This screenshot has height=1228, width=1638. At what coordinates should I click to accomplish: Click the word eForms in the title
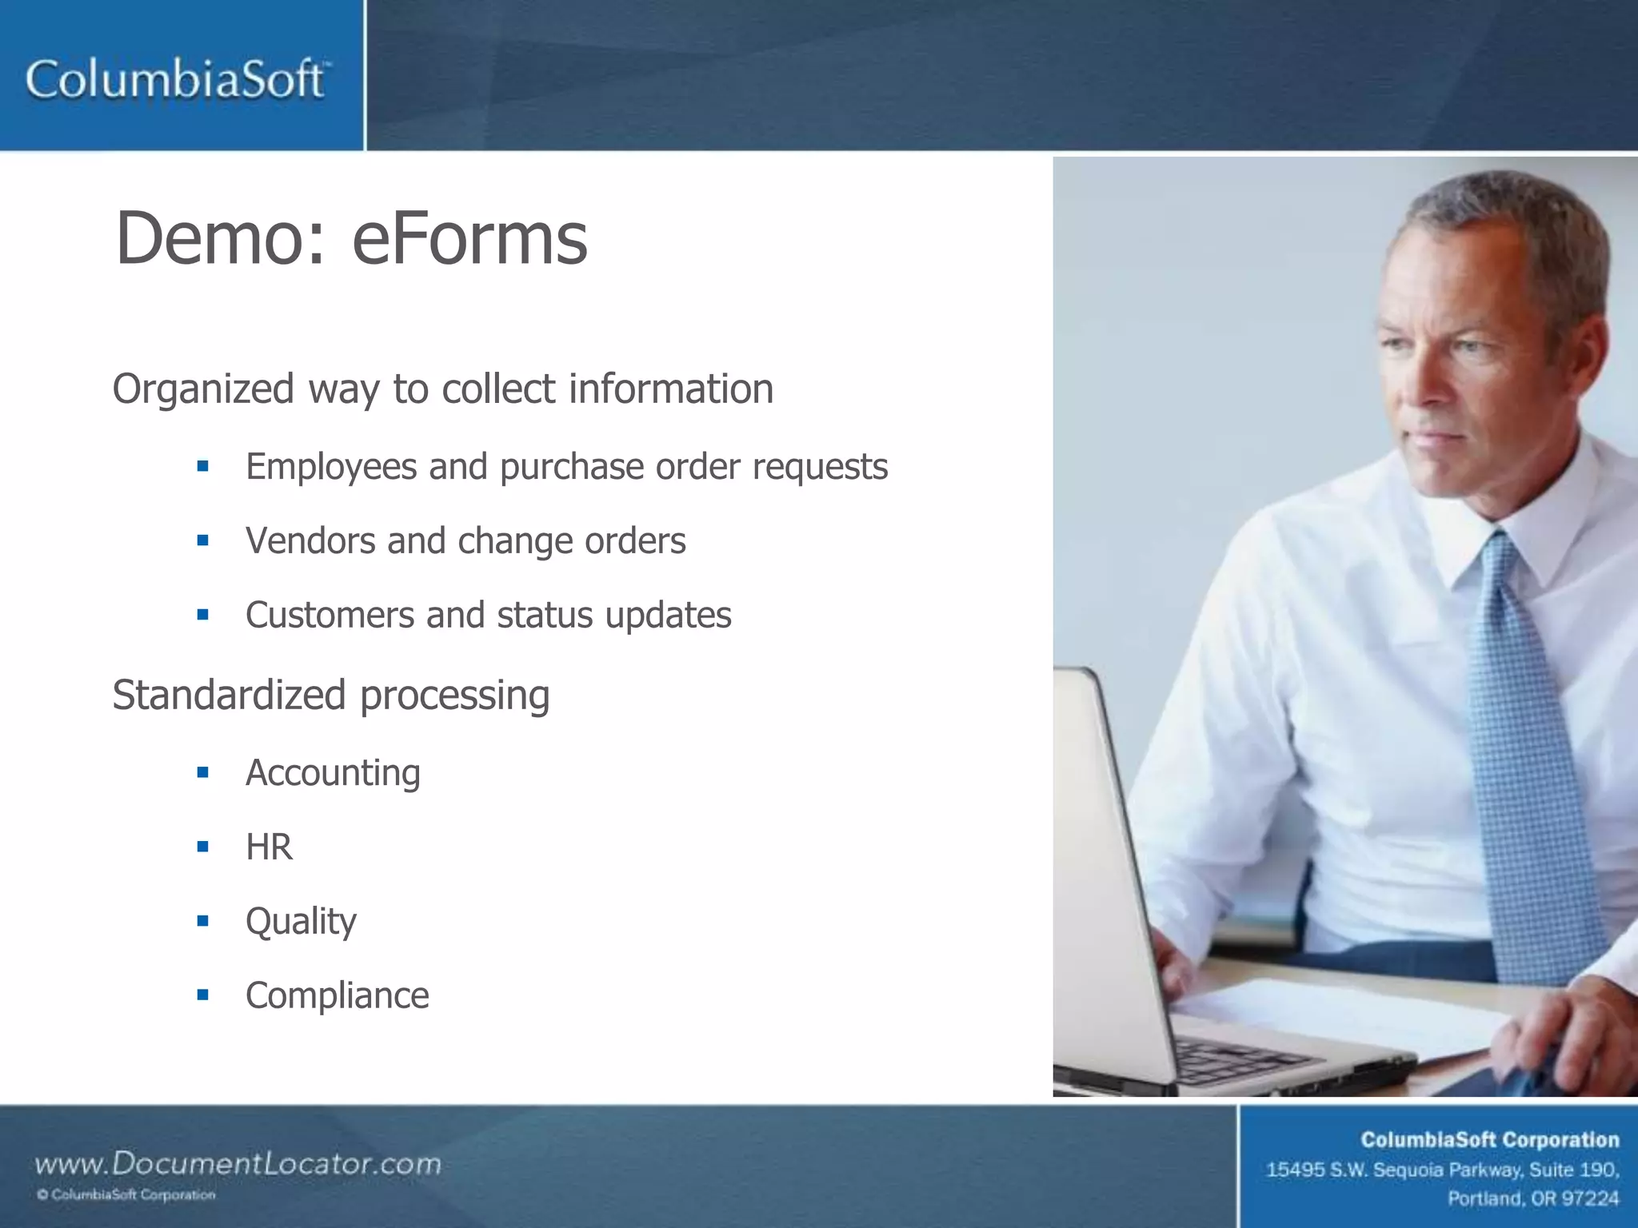[x=469, y=237]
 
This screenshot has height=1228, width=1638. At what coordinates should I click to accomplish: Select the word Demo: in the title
[x=221, y=237]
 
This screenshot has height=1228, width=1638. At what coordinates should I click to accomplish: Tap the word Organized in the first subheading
[x=204, y=389]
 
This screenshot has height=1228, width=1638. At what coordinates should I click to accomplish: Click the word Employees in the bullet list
[x=331, y=466]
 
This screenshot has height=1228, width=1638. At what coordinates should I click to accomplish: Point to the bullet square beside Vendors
[x=203, y=540]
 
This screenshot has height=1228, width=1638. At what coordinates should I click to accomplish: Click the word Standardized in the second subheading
[x=229, y=694]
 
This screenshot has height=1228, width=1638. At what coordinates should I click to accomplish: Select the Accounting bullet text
[x=333, y=772]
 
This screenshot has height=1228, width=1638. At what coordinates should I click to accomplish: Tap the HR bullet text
[x=269, y=847]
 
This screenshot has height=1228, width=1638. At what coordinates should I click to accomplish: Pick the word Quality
[x=301, y=922]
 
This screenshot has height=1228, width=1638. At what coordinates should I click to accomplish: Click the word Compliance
[x=337, y=995]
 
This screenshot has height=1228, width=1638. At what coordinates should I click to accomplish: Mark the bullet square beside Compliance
[x=203, y=995]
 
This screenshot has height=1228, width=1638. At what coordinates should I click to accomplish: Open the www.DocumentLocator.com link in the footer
[x=238, y=1163]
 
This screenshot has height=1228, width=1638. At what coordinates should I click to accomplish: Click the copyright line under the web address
[x=126, y=1195]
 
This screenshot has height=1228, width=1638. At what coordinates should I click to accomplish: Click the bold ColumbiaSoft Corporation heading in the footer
[x=1489, y=1140]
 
